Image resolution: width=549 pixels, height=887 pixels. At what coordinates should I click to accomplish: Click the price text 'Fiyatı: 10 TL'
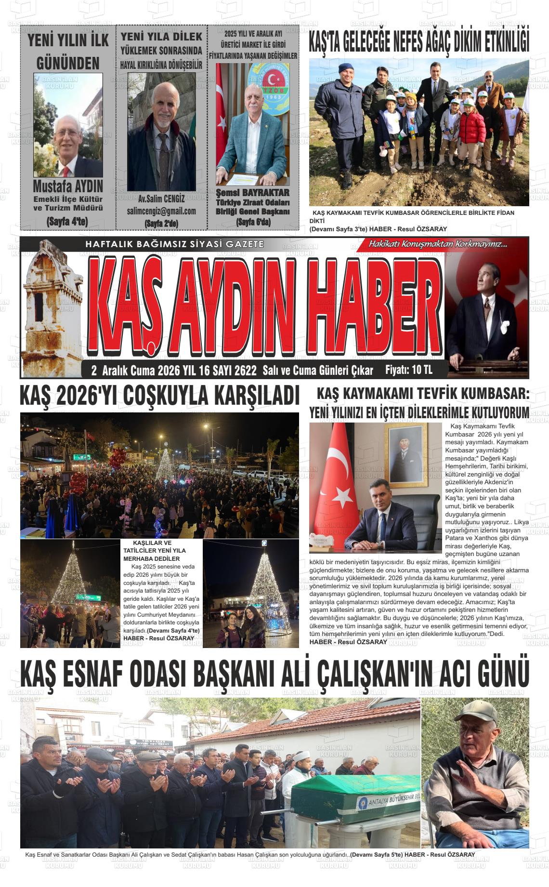pyautogui.click(x=409, y=370)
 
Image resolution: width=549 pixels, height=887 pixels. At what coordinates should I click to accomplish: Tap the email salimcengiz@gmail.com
pyautogui.click(x=161, y=211)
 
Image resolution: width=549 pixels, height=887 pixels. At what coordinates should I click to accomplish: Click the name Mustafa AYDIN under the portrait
pyautogui.click(x=68, y=186)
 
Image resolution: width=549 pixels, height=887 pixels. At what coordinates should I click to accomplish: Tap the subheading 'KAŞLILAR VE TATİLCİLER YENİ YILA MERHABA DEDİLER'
pyautogui.click(x=154, y=550)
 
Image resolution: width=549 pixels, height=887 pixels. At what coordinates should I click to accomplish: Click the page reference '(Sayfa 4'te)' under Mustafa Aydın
pyautogui.click(x=67, y=222)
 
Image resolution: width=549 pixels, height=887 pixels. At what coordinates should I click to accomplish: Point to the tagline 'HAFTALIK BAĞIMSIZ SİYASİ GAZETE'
pyautogui.click(x=174, y=244)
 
